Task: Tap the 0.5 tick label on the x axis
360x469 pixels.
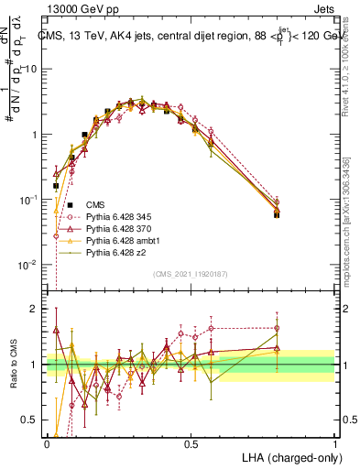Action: [191, 443]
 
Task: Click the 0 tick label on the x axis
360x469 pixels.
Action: [47, 443]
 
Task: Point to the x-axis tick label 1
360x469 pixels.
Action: [334, 443]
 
